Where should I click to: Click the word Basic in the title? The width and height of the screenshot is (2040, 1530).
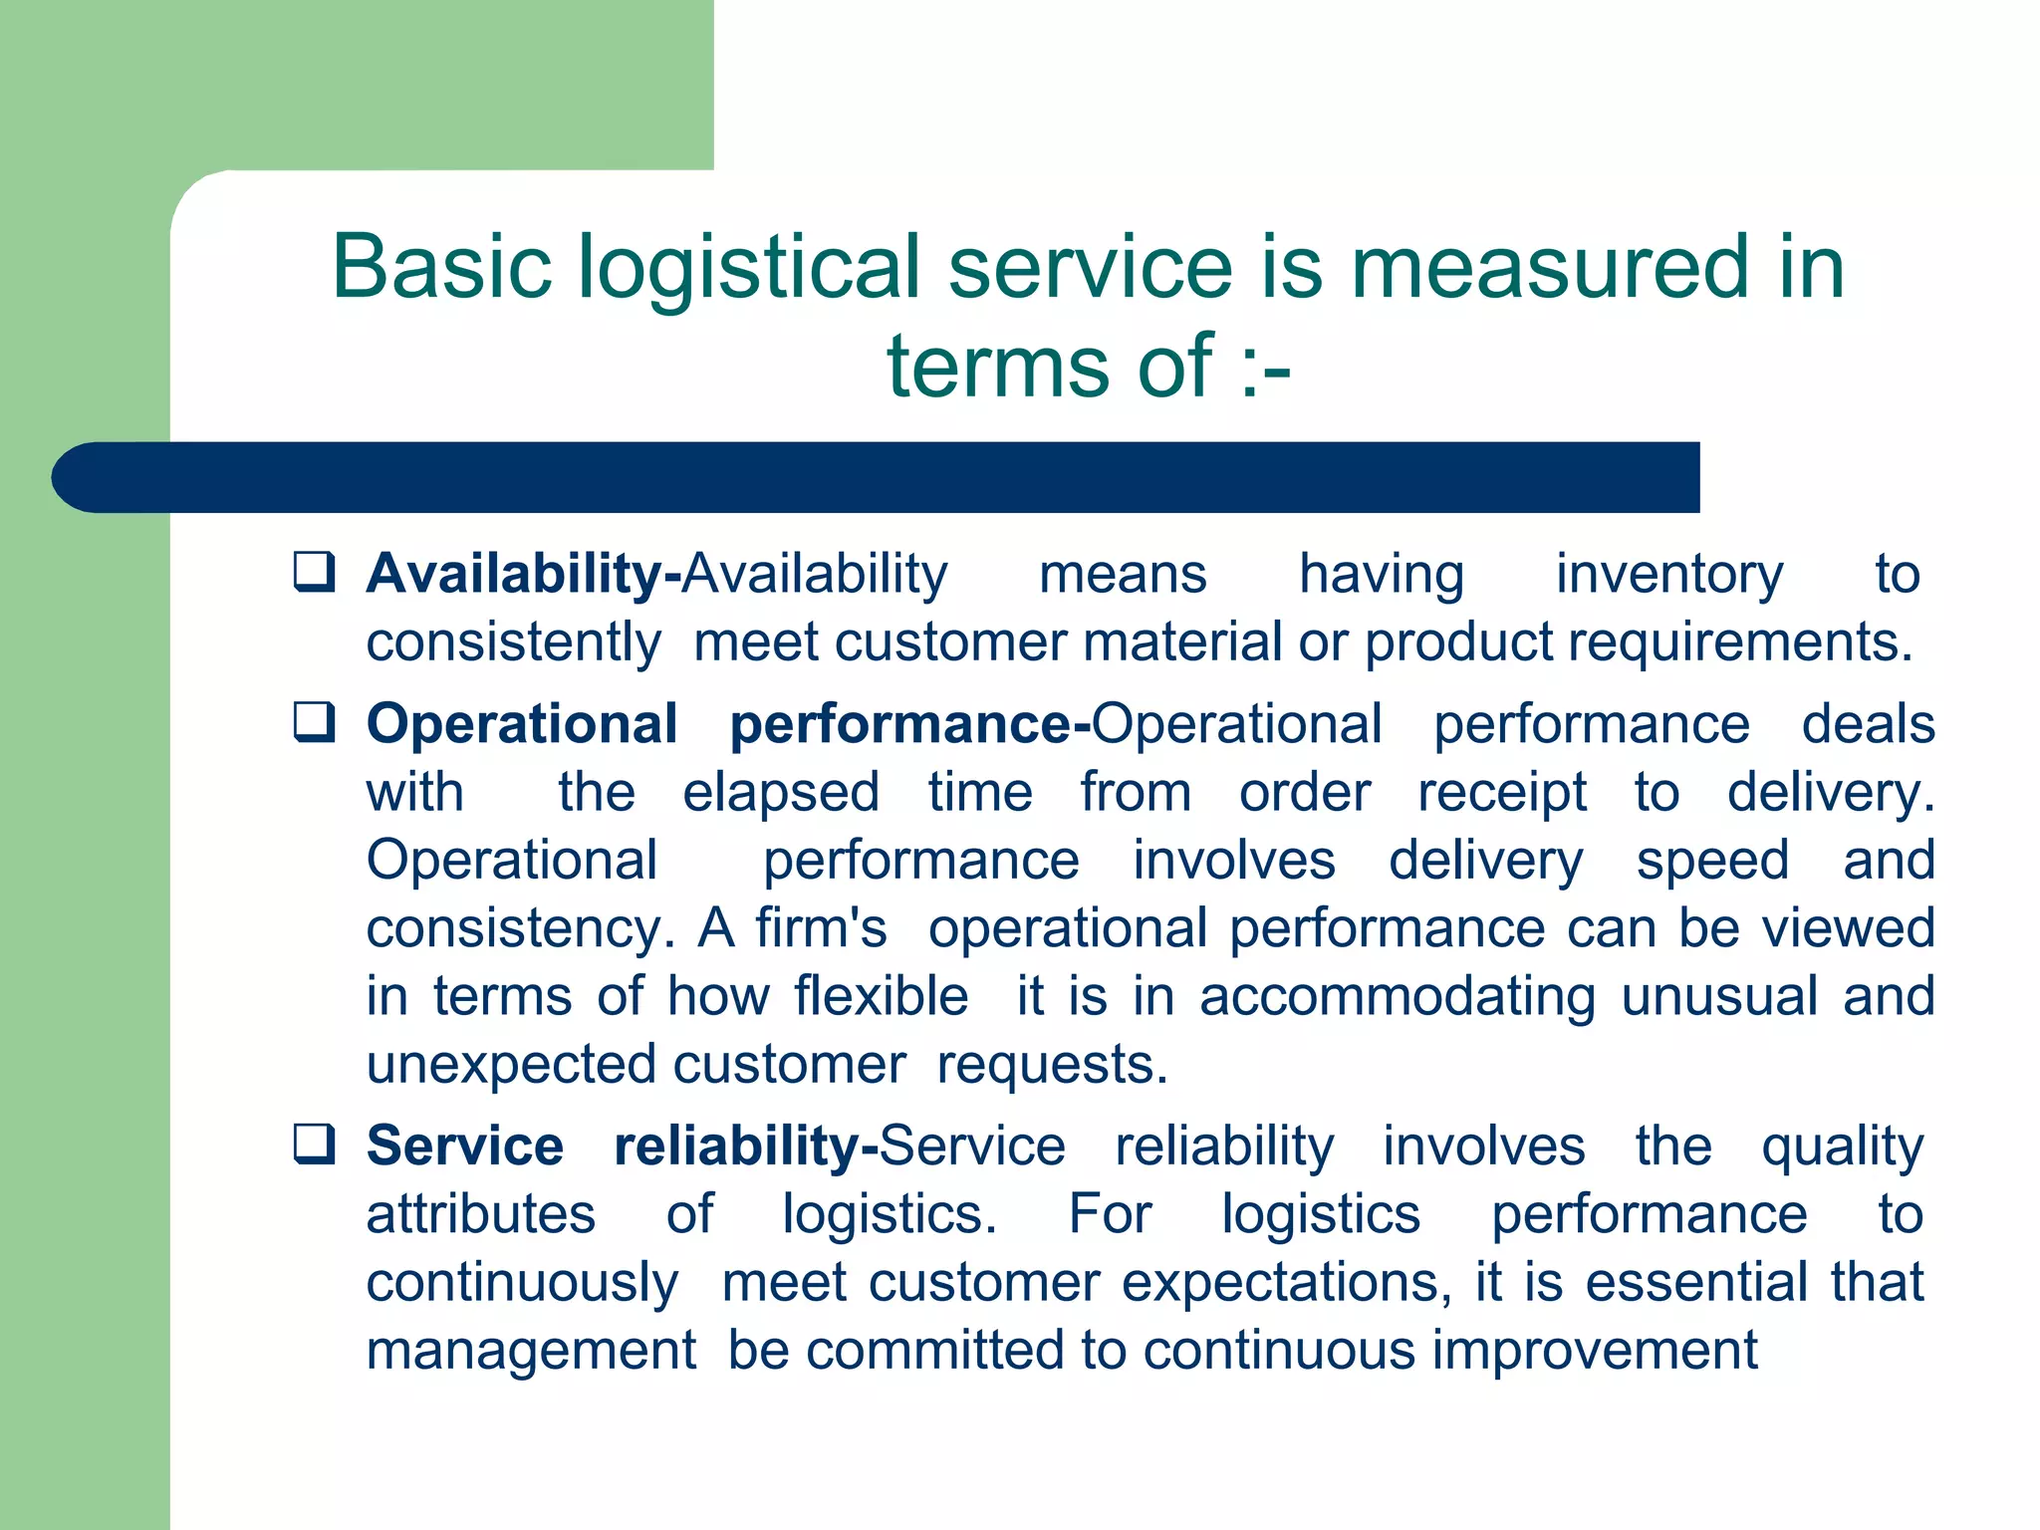click(441, 266)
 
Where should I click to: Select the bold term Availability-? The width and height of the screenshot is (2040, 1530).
click(524, 575)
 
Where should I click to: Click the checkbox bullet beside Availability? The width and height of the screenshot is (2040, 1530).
click(314, 572)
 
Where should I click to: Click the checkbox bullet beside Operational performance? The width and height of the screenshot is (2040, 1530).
click(314, 722)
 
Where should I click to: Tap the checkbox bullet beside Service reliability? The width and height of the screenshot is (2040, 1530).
click(314, 1144)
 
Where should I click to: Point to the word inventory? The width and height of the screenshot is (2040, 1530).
click(1669, 575)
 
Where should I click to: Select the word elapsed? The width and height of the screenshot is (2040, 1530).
click(781, 793)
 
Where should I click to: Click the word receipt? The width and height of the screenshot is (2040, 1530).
click(1502, 793)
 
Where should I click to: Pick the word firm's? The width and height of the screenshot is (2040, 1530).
click(821, 928)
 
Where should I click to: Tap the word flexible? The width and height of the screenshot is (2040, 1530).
click(881, 996)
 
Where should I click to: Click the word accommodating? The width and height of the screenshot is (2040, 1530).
click(1398, 996)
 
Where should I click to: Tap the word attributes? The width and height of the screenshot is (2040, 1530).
click(481, 1214)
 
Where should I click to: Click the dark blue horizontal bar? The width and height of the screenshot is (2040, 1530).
click(877, 477)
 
